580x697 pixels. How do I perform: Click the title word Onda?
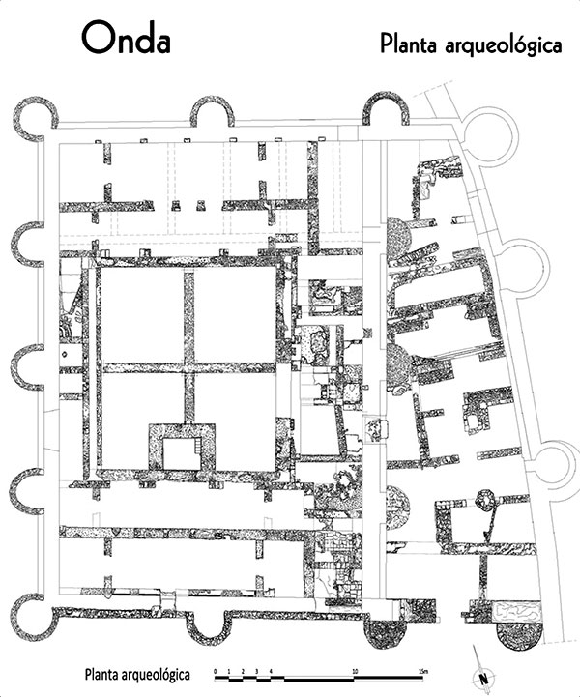tap(127, 39)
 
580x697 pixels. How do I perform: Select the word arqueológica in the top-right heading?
tap(501, 46)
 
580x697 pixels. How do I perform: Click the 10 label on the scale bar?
tap(355, 671)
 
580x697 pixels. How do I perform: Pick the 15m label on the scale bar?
tap(422, 671)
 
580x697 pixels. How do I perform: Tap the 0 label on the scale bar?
tap(216, 671)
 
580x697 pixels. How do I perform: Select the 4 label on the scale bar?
tap(271, 671)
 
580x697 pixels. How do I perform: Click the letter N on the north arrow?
tap(483, 679)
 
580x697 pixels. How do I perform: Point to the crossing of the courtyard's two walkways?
tap(188, 367)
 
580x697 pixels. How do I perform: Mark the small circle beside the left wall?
tap(65, 354)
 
